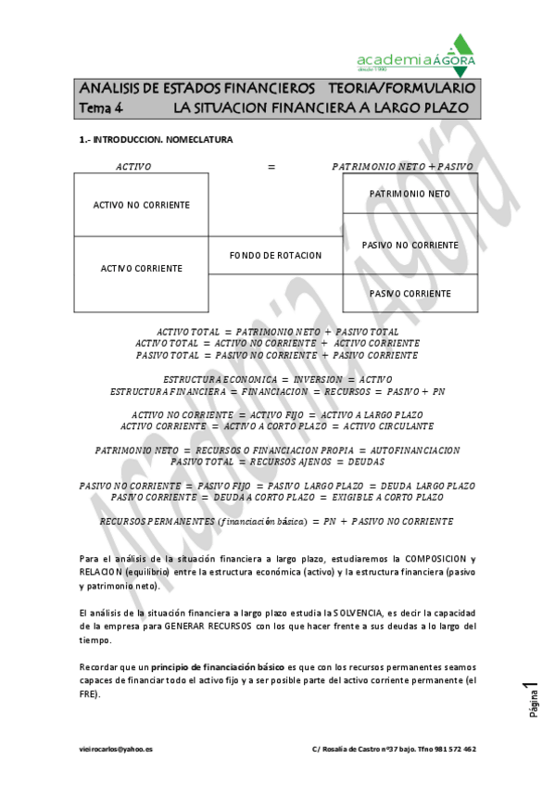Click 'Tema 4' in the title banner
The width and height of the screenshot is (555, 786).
click(101, 108)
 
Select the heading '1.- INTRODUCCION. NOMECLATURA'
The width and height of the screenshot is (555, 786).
click(156, 140)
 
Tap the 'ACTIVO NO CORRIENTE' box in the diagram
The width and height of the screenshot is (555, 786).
click(141, 205)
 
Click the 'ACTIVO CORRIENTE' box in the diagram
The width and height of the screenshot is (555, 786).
click(141, 269)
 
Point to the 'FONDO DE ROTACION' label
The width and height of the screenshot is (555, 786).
click(275, 255)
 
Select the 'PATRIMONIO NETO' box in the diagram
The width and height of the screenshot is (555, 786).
click(410, 194)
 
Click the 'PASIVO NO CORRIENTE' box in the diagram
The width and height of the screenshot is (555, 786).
click(410, 245)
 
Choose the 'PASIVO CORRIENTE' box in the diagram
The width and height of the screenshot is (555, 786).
click(410, 294)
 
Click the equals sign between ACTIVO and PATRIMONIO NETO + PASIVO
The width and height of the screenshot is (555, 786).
click(271, 167)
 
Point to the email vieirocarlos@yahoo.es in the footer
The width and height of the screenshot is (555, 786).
click(116, 748)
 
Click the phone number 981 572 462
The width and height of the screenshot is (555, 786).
click(455, 748)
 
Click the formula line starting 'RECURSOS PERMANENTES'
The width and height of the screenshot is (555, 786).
click(276, 522)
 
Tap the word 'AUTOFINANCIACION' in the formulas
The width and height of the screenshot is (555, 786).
click(415, 450)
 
